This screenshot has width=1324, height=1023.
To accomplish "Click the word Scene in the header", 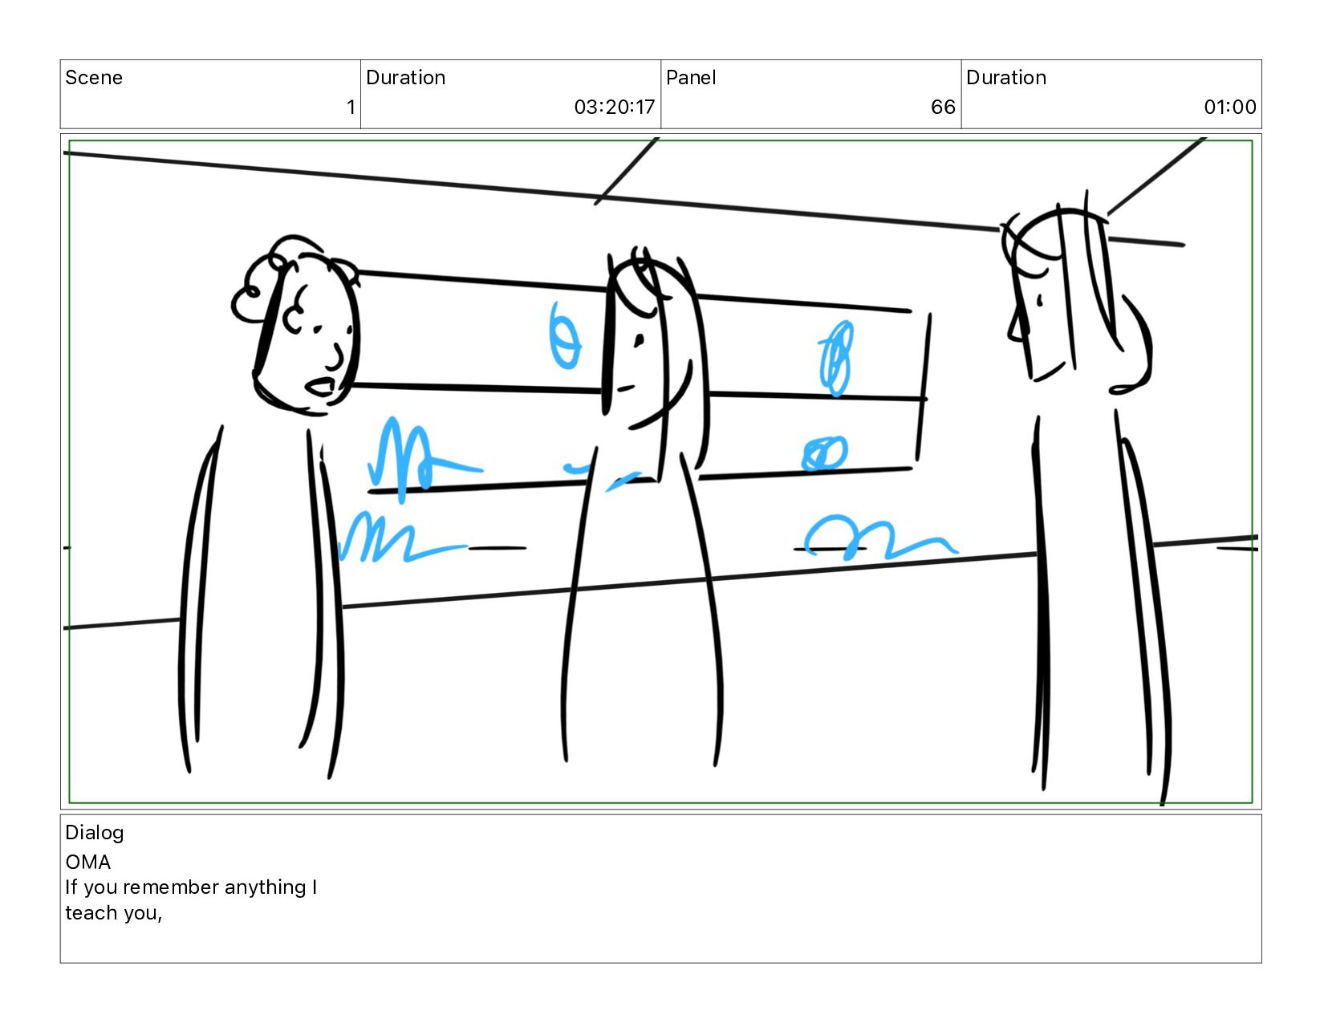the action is tap(94, 77).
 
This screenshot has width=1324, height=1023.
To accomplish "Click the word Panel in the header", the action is tap(690, 77).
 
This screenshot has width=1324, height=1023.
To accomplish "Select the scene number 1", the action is tap(351, 108).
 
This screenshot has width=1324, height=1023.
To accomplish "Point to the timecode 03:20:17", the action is tap(614, 108).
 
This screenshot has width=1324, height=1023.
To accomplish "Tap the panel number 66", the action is tap(943, 108).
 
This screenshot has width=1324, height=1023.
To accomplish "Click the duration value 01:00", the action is tap(1229, 108).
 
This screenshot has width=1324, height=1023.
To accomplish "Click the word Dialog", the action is tap(95, 833).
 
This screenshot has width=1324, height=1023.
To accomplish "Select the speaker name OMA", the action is tap(87, 863).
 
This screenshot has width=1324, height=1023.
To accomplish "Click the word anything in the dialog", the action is tap(265, 888).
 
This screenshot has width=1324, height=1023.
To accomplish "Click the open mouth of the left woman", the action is tap(320, 387).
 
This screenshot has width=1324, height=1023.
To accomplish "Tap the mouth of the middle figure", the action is tap(625, 388).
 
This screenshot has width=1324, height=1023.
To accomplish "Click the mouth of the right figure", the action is tap(1049, 371).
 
